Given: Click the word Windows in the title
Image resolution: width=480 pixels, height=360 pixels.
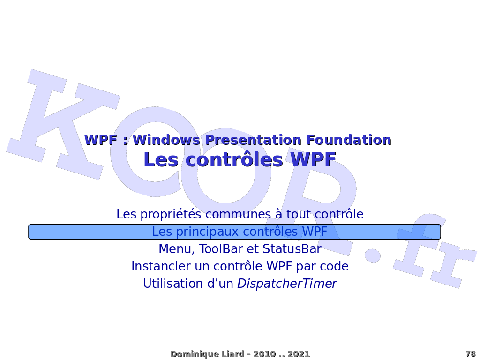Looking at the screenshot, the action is (x=166, y=140).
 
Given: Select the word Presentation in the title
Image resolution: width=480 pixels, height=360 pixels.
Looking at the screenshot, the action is (x=254, y=140).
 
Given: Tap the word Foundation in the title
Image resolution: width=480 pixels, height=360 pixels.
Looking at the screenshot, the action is (x=349, y=140).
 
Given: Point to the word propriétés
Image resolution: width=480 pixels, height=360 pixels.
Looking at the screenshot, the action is (x=171, y=214).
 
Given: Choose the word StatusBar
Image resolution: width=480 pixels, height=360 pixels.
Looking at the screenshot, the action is (x=292, y=249).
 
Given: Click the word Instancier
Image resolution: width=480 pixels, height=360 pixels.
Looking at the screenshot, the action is (x=161, y=266).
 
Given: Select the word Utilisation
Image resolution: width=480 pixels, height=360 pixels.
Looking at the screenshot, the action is (x=173, y=284).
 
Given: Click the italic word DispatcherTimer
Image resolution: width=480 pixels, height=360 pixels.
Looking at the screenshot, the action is (x=287, y=284).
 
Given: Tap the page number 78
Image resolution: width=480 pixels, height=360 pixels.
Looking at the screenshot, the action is (x=471, y=354).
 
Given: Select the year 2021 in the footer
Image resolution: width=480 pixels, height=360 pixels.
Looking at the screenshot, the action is (x=299, y=354).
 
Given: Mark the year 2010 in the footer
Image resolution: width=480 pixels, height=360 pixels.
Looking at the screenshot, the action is (x=264, y=354).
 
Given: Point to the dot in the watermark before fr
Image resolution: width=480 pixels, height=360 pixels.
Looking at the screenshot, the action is (x=373, y=255).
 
